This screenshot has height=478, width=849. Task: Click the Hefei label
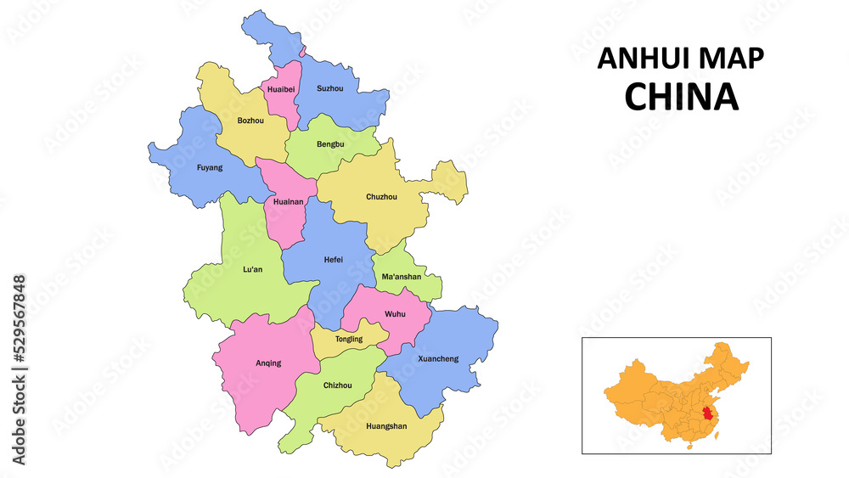(334, 260)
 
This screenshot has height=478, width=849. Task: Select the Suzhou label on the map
(329, 88)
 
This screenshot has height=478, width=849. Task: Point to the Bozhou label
(250, 121)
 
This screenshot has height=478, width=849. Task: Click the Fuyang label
(210, 167)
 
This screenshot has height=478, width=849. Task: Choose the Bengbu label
(330, 144)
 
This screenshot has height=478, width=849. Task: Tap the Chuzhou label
(381, 197)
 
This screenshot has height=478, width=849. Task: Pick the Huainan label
(289, 202)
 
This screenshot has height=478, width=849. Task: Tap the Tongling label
(348, 339)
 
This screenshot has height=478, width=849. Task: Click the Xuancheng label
(438, 358)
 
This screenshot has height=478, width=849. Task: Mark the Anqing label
(268, 363)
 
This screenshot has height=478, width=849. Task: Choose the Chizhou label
(337, 385)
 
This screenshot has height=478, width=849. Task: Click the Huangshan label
(386, 425)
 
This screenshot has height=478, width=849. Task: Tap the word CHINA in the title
(681, 98)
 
